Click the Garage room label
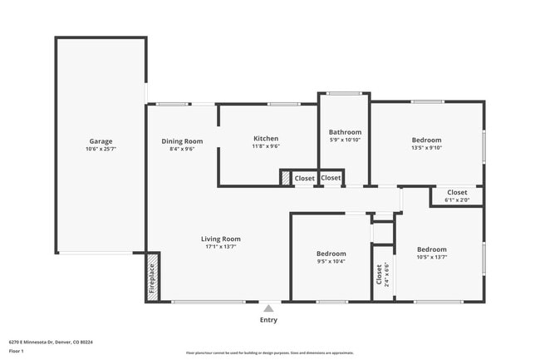[101, 141]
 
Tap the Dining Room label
[182, 141]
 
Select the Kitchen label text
[266, 139]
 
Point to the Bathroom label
[345, 132]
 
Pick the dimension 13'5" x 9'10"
[427, 148]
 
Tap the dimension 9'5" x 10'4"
[331, 261]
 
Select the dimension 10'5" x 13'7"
[431, 257]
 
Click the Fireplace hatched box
[152, 278]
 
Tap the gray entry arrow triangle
[268, 308]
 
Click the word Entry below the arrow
[268, 319]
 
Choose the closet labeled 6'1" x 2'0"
[457, 196]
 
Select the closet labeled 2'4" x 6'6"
[382, 274]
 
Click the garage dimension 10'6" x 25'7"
[101, 149]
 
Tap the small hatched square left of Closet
[285, 178]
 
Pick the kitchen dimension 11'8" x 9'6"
[266, 146]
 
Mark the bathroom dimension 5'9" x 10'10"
[345, 140]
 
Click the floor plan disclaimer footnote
[270, 353]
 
